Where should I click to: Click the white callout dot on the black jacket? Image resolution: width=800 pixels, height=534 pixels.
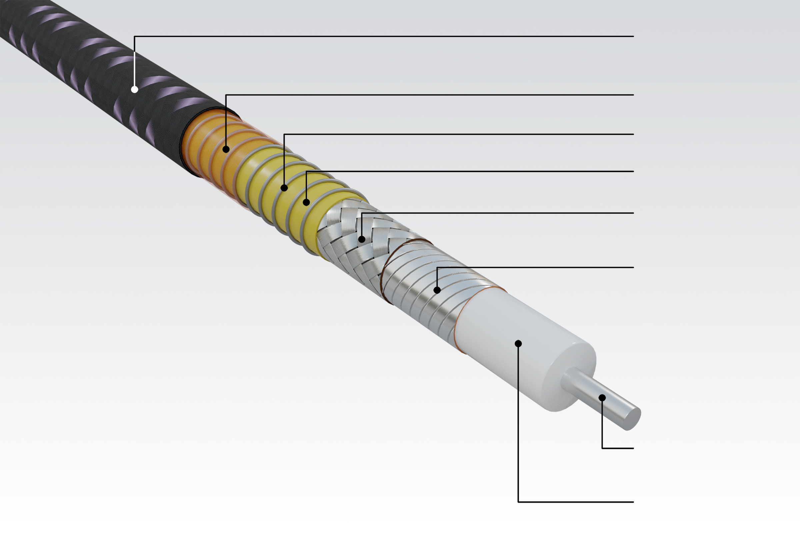pos(134,89)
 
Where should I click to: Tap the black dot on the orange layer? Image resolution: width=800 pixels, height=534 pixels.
pos(226,149)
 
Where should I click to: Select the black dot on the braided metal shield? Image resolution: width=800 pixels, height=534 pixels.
pos(362,239)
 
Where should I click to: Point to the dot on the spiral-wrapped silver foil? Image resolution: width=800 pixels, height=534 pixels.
pos(437,290)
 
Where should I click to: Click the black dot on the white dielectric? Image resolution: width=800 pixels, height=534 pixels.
pos(518,344)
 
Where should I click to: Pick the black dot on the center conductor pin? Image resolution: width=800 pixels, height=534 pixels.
pos(602,398)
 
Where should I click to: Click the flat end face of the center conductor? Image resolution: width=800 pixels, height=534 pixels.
pos(633,419)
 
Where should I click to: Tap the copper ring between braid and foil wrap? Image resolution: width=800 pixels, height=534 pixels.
pos(386,272)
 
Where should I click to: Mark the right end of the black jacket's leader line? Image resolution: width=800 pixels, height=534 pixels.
pos(633,36)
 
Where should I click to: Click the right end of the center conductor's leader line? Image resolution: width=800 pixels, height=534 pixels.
pos(633,449)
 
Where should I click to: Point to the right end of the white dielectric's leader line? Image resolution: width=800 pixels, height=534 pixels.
pos(633,502)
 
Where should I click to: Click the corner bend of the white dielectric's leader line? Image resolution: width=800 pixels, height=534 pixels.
pos(518,502)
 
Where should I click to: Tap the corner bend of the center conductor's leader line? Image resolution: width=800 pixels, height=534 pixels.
pos(602,449)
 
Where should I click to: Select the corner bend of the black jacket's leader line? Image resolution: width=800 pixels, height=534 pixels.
pos(134,36)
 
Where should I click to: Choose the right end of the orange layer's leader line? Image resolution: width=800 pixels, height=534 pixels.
pos(633,95)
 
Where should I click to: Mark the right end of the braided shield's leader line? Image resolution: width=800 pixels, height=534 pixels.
pos(633,213)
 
